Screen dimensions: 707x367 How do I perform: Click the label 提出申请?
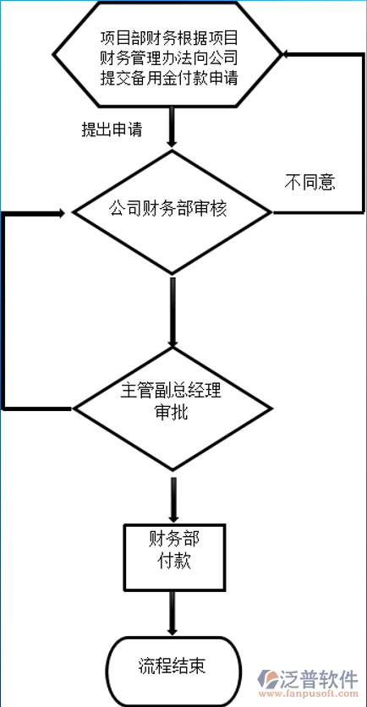[x=111, y=130]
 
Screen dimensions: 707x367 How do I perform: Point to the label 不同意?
[x=309, y=182]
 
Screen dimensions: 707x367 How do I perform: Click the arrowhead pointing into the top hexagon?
[x=288, y=55]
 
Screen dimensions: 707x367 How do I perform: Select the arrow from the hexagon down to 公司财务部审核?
[x=173, y=127]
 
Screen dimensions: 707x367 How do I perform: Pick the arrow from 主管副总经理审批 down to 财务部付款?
[x=173, y=499]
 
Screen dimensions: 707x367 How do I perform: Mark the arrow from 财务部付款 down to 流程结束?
[x=173, y=611]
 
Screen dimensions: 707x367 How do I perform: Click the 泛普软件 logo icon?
[x=273, y=681]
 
